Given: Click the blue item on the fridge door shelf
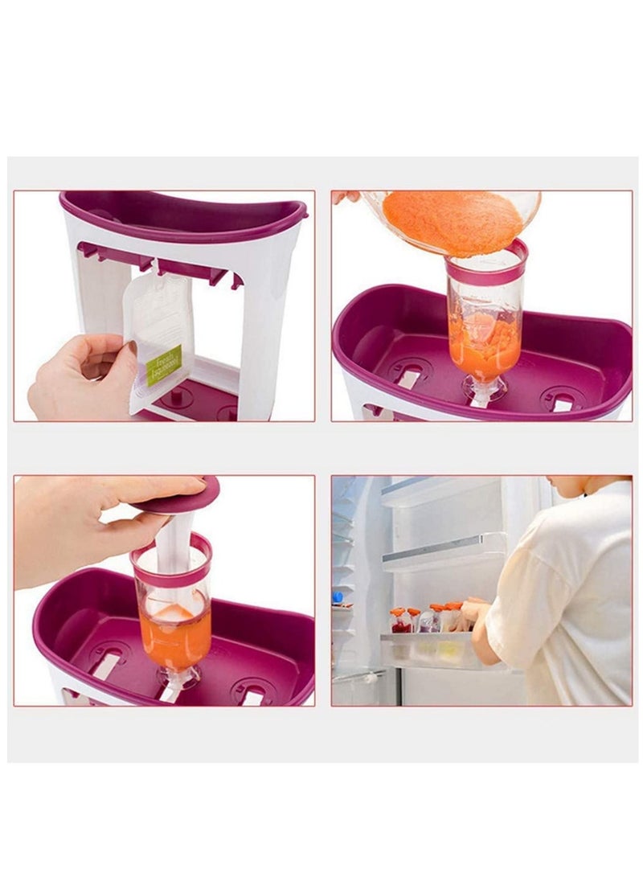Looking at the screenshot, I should pos(338,597).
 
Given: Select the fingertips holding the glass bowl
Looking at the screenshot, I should pos(347,196).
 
